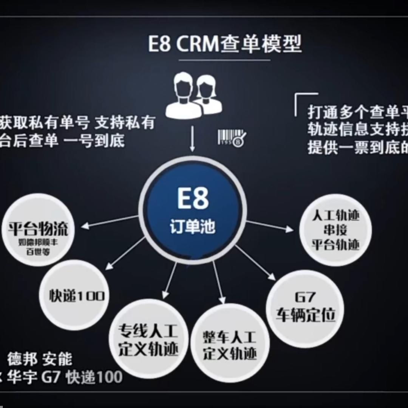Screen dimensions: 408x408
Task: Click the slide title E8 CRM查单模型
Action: tap(225, 44)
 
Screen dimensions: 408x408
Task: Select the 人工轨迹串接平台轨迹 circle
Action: tap(335, 230)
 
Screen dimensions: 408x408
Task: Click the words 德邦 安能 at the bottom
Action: tap(40, 359)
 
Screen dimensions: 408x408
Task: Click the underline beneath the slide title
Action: tap(224, 60)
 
